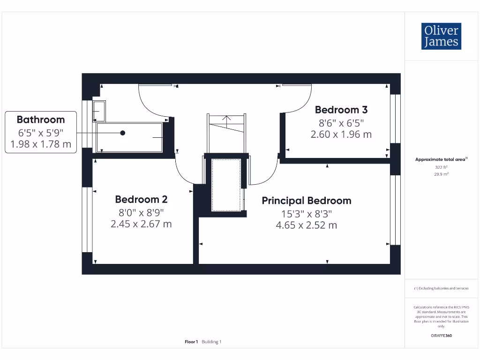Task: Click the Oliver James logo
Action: [x=441, y=36]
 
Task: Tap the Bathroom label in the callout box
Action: [x=41, y=120]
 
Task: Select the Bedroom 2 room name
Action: [x=141, y=199]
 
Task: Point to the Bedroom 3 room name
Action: [x=341, y=110]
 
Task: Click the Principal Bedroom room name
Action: [x=306, y=201]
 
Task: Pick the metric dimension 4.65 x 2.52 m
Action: [x=306, y=225]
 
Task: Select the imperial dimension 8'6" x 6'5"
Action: [x=341, y=122]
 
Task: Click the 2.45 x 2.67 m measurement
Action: [x=141, y=224]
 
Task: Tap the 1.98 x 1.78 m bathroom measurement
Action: [x=41, y=144]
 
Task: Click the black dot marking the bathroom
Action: [x=123, y=133]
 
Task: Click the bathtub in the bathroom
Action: [x=129, y=137]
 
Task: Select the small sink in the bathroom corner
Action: [x=99, y=111]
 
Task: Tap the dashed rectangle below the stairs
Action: [x=226, y=185]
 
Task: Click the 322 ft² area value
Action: [x=441, y=166]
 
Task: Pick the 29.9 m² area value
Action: [x=441, y=173]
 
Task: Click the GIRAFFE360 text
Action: [x=441, y=336]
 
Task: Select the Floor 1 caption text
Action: [x=191, y=342]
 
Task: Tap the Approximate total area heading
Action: [x=441, y=159]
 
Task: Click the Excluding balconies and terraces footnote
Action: [x=441, y=288]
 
